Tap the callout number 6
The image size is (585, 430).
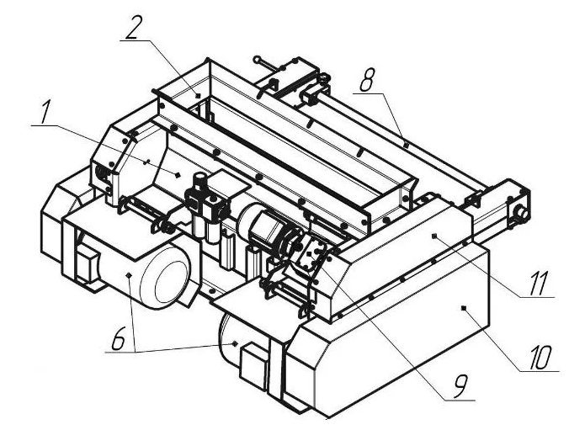pyautogui.click(x=120, y=338)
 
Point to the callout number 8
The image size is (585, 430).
pyautogui.click(x=366, y=79)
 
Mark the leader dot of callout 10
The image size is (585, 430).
pyautogui.click(x=464, y=308)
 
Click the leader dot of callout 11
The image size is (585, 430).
pyautogui.click(x=433, y=236)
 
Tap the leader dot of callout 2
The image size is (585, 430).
pyautogui.click(x=198, y=96)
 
